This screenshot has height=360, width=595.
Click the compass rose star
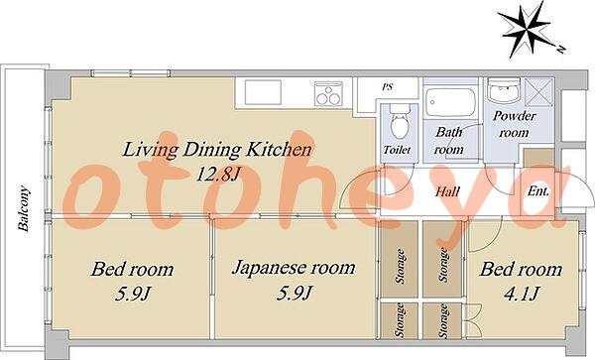click(526, 30)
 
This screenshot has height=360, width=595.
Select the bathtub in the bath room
click(450, 102)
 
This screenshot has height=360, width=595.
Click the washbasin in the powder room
click(504, 90)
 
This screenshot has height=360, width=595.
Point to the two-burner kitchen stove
click(328, 93)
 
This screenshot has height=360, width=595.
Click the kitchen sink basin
click(263, 92)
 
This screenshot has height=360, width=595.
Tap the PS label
click(387, 87)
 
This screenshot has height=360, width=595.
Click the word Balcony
click(24, 208)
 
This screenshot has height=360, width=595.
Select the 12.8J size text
click(217, 175)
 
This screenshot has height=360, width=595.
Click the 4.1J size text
click(521, 294)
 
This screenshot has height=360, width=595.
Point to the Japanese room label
click(294, 269)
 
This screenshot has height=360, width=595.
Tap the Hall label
click(448, 191)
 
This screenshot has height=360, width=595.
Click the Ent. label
click(538, 191)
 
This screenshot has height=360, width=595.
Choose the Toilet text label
click(397, 150)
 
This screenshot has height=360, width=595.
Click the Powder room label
click(514, 124)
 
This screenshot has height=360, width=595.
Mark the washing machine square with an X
click(539, 91)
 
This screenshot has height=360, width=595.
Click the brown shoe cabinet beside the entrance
click(538, 159)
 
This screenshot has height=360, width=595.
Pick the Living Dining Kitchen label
click(217, 150)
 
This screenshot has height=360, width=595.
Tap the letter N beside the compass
click(561, 49)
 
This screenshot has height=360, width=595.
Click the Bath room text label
click(449, 141)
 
